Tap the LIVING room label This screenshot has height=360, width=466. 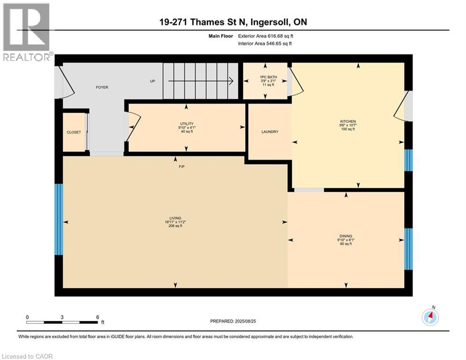175,218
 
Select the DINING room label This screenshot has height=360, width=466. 346,236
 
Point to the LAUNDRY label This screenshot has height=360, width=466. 270,132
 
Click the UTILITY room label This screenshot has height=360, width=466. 186,124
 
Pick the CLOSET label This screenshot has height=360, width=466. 74,132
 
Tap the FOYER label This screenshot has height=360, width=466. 102,87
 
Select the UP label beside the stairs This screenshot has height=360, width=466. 152,81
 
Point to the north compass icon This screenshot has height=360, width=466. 430,317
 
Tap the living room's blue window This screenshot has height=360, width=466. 59,219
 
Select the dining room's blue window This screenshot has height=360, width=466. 408,249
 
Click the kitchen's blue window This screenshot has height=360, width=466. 408,160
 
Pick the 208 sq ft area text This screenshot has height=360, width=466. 175,226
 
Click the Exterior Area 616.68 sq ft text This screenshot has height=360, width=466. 266,36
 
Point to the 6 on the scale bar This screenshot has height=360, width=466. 97,317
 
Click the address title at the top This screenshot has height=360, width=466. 233,22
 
